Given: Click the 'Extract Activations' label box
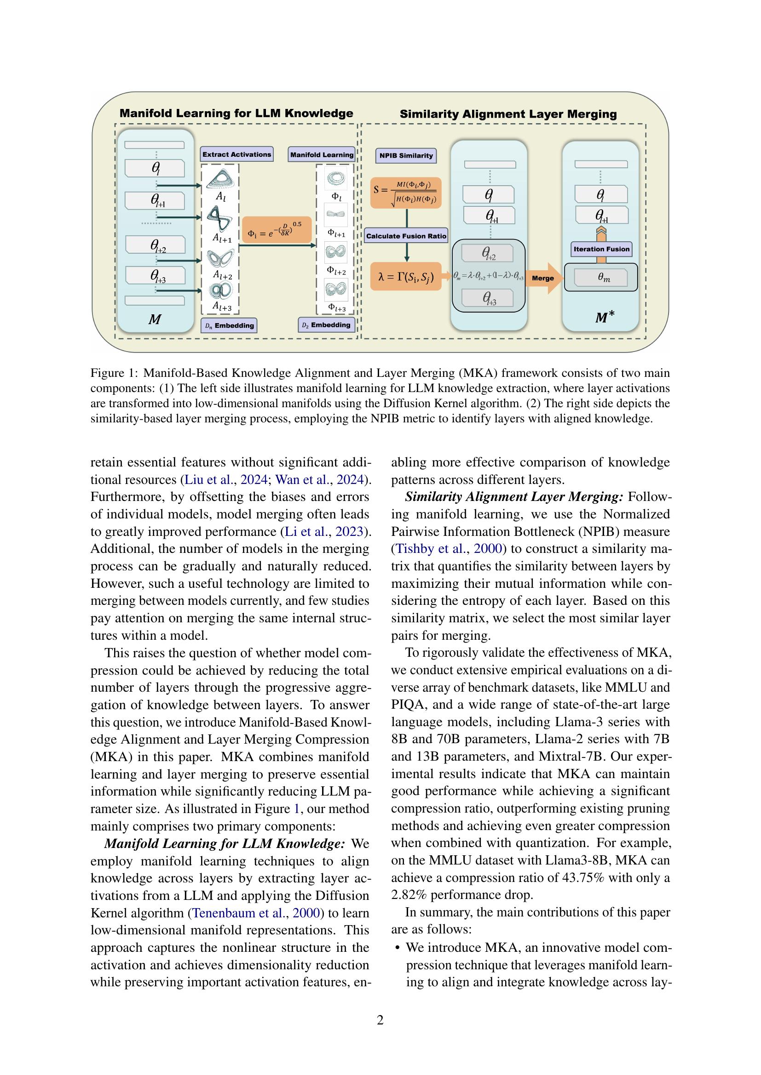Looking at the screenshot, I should (236, 154).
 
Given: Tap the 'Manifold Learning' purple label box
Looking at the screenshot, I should (322, 155).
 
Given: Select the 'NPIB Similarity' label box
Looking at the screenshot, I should (406, 156).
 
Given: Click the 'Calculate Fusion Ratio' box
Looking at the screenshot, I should (406, 236).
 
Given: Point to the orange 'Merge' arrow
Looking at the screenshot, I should (544, 278).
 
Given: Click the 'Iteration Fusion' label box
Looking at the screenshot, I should (601, 249).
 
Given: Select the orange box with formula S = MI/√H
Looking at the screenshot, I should (406, 193).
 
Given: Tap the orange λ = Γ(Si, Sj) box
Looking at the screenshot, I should (406, 277).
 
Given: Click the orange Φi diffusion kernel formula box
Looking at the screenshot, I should (277, 230).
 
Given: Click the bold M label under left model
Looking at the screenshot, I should (155, 319).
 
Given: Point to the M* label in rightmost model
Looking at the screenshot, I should (605, 318).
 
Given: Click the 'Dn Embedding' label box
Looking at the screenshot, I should (230, 325).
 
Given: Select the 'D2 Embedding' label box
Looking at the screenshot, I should (327, 325).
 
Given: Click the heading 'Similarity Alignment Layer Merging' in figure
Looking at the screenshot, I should (508, 114).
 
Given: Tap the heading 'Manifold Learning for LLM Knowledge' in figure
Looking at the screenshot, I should (236, 114).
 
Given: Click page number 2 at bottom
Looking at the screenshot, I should (380, 1020).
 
